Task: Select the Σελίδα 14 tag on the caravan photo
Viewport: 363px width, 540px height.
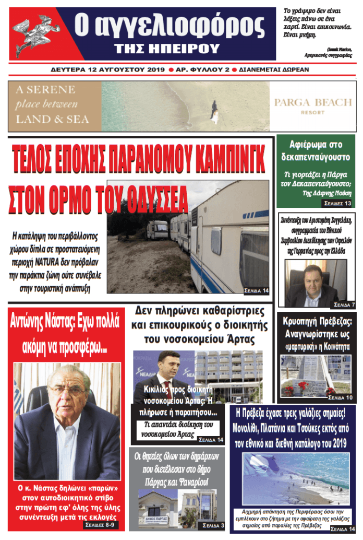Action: (x=256, y=290)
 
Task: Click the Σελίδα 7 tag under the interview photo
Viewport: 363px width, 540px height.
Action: (x=343, y=304)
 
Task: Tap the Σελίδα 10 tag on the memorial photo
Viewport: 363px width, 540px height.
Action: (x=341, y=398)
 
